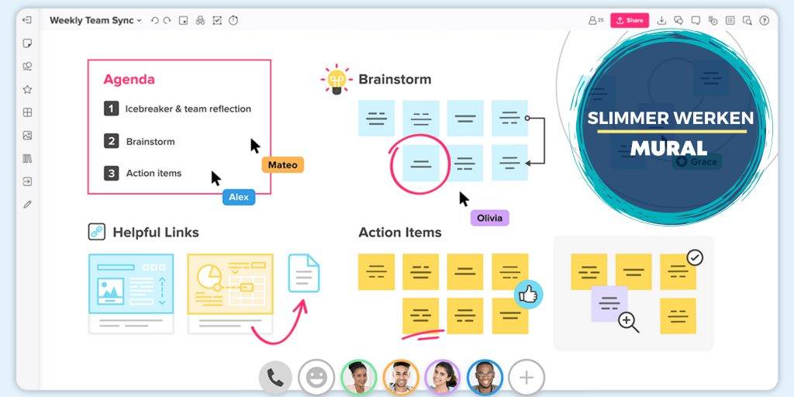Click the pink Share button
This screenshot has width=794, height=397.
click(x=629, y=20)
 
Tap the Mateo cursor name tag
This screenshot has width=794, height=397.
click(x=282, y=164)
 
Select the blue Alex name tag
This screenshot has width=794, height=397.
click(x=239, y=197)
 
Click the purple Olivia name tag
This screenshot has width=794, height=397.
click(x=489, y=218)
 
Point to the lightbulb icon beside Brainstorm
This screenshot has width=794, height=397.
click(x=337, y=80)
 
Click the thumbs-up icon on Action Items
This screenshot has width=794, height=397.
click(x=528, y=295)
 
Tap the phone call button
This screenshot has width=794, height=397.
click(x=275, y=378)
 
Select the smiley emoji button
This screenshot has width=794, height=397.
click(x=316, y=378)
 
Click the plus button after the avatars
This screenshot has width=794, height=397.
click(x=526, y=378)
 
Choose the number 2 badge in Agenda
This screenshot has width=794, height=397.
click(x=112, y=141)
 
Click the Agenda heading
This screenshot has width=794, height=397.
click(x=129, y=79)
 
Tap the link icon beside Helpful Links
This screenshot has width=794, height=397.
click(x=96, y=232)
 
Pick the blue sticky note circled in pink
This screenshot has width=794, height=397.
click(x=420, y=164)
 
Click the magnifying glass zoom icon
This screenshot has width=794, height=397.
click(x=628, y=322)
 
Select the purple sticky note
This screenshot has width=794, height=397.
click(x=609, y=302)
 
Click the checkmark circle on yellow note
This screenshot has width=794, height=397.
click(x=695, y=257)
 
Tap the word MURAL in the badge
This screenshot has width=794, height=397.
click(x=668, y=148)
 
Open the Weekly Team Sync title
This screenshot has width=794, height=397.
click(x=91, y=20)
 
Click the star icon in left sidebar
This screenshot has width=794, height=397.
click(x=27, y=89)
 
